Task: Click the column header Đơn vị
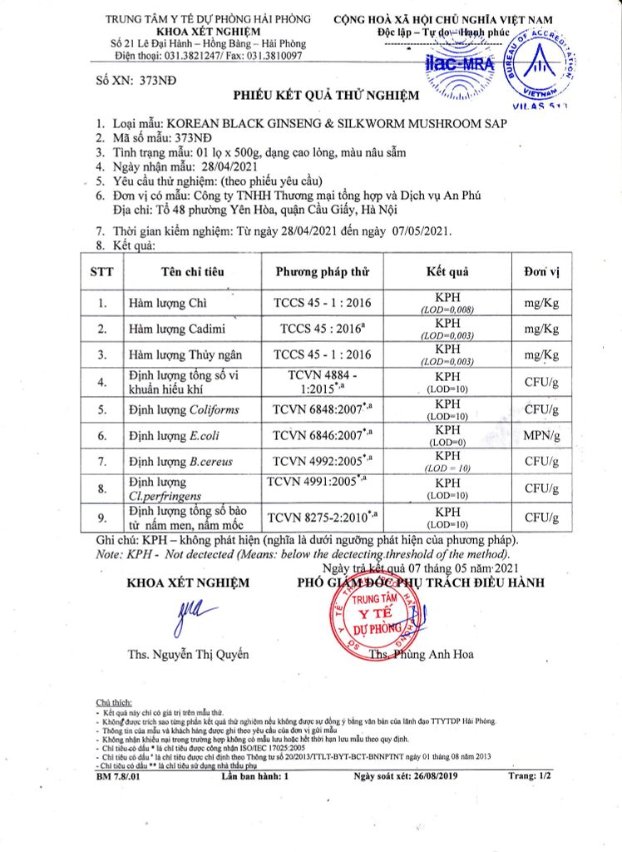coord(541,271)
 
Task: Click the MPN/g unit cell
coord(541,435)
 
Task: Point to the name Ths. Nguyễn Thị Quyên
coord(187,654)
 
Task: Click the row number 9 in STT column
coord(102,518)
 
